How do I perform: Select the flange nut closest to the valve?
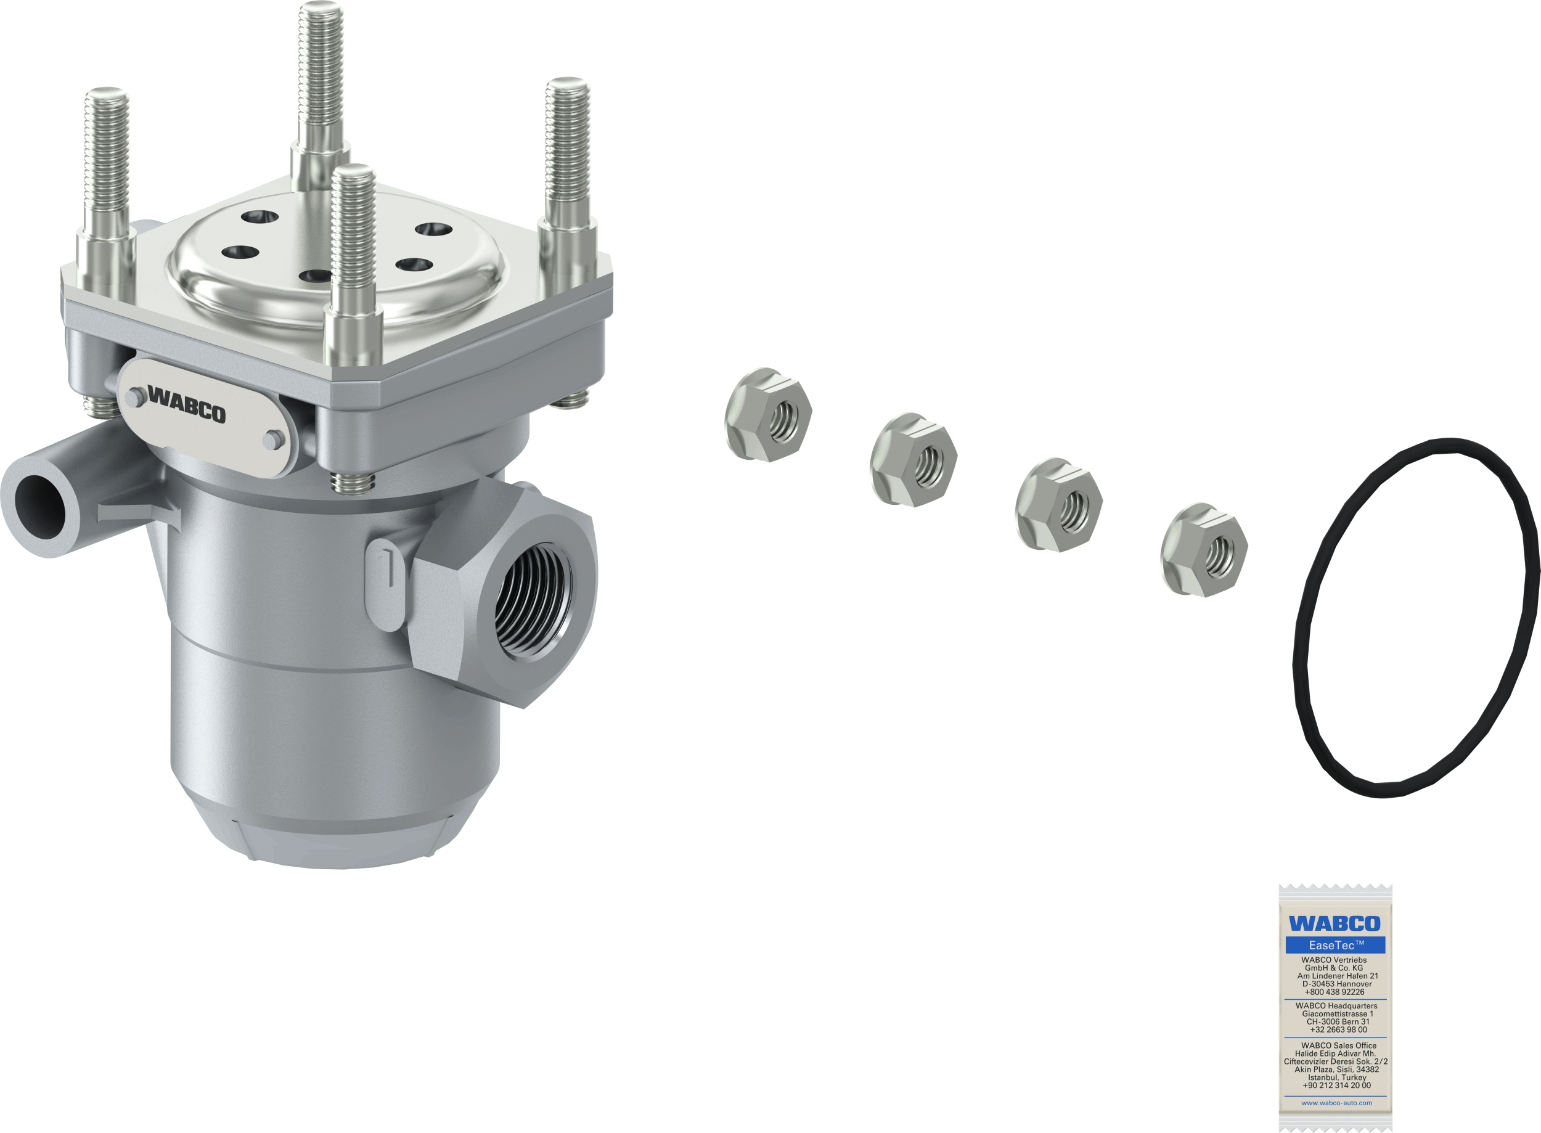tap(767, 414)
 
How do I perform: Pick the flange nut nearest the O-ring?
tap(1204, 549)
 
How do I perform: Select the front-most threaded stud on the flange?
tap(353, 261)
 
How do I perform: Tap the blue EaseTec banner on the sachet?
tap(1335, 945)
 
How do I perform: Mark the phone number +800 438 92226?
tap(1334, 992)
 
